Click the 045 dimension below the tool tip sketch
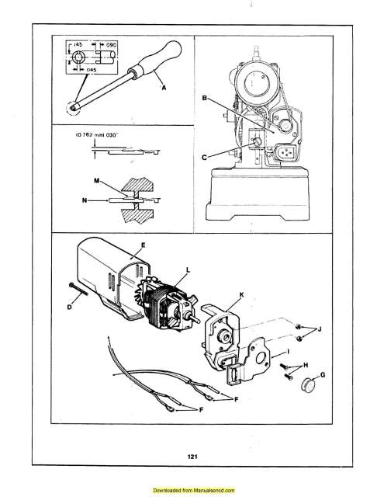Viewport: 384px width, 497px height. (92, 68)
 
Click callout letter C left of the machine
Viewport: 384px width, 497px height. (205, 156)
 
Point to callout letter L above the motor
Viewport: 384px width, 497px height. (187, 269)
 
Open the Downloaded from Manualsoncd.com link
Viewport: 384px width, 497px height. (193, 491)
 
